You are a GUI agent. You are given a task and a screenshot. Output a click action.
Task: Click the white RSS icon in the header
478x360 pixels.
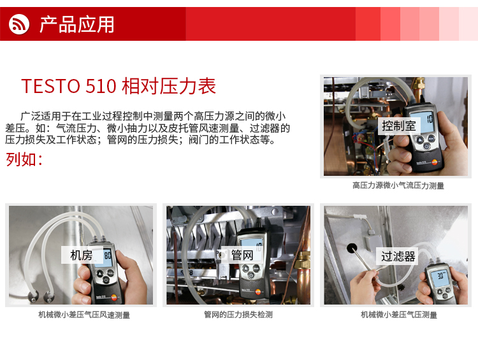pyautogui.click(x=19, y=24)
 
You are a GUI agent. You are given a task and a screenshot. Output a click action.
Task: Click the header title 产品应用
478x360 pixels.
pyautogui.click(x=77, y=25)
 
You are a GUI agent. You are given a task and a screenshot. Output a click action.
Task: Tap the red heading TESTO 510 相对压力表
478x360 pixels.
pyautogui.click(x=119, y=86)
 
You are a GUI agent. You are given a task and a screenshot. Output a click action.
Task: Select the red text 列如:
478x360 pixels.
pyautogui.click(x=24, y=159)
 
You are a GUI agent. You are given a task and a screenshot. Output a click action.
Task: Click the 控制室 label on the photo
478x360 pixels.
pyautogui.click(x=399, y=126)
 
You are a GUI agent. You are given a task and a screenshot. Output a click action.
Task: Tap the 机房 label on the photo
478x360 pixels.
pyautogui.click(x=82, y=255)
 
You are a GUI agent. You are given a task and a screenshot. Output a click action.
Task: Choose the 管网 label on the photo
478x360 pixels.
pyautogui.click(x=242, y=255)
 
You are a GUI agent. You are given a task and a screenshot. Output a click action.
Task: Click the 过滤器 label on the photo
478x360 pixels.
pyautogui.click(x=398, y=256)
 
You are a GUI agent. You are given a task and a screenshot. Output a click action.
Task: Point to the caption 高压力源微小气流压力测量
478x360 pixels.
pyautogui.click(x=398, y=185)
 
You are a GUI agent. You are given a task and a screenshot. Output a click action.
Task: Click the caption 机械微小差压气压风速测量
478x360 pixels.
pyautogui.click(x=84, y=315)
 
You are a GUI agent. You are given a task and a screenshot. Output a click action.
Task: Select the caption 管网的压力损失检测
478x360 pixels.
pyautogui.click(x=238, y=314)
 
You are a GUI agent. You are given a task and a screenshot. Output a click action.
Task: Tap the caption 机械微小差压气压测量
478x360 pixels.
pyautogui.click(x=399, y=315)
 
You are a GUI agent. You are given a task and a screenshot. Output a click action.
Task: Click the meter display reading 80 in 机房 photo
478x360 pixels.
pyautogui.click(x=107, y=256)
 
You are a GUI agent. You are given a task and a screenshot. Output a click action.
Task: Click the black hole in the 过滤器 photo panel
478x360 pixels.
pyautogui.click(x=352, y=248)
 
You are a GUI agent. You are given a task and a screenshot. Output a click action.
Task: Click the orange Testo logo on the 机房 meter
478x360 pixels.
pyautogui.click(x=114, y=296)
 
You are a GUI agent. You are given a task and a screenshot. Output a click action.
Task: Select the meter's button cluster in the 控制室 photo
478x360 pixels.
pyautogui.click(x=425, y=141)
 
